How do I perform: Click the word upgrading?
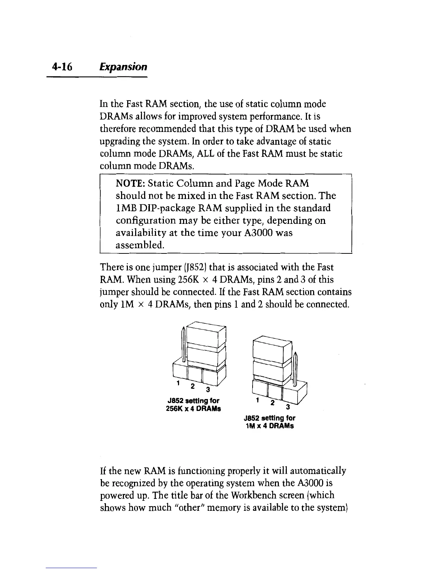119,142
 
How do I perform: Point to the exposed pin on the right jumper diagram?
295,368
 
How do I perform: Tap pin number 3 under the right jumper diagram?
286,408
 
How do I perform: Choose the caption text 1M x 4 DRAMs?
269,426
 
